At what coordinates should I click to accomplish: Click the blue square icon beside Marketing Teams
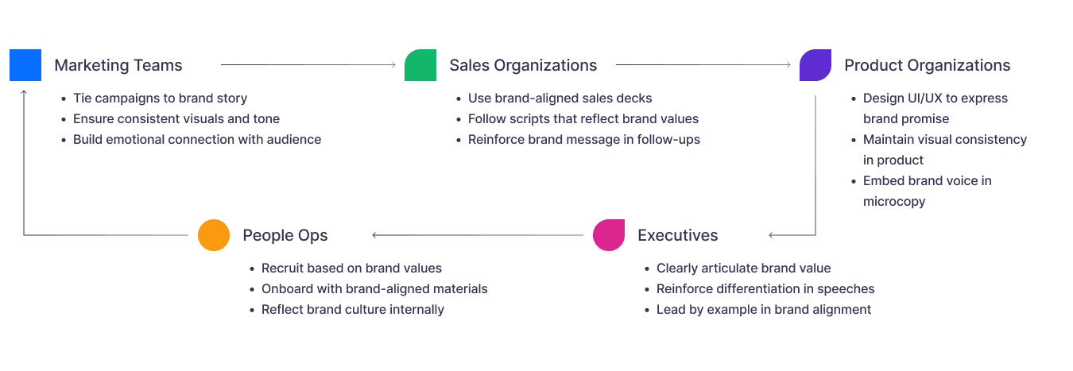coord(25,64)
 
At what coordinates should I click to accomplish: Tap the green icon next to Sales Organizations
coord(420,65)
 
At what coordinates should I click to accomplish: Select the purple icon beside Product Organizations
coord(815,65)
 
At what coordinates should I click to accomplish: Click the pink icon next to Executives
coord(609,235)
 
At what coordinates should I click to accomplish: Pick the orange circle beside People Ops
coord(214,235)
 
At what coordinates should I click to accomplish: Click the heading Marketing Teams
coord(118,65)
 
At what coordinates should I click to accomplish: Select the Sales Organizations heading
coord(523,65)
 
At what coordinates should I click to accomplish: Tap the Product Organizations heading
coord(927,65)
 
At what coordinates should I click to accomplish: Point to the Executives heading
coord(677,235)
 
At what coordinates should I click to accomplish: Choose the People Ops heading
coord(285,235)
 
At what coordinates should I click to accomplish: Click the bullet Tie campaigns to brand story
coord(160,99)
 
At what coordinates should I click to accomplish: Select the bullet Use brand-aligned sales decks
coord(560,99)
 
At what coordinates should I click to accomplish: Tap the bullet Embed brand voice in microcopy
coord(927,191)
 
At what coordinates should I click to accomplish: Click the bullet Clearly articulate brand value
coord(743,269)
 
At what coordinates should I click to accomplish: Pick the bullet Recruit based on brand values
coord(351,269)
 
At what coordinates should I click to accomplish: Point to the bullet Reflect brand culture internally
coord(352,310)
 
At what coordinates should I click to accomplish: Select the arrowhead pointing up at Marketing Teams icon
coord(25,92)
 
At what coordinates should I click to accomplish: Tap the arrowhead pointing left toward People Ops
coord(375,235)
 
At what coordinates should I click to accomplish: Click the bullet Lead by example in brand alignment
coord(763,310)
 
